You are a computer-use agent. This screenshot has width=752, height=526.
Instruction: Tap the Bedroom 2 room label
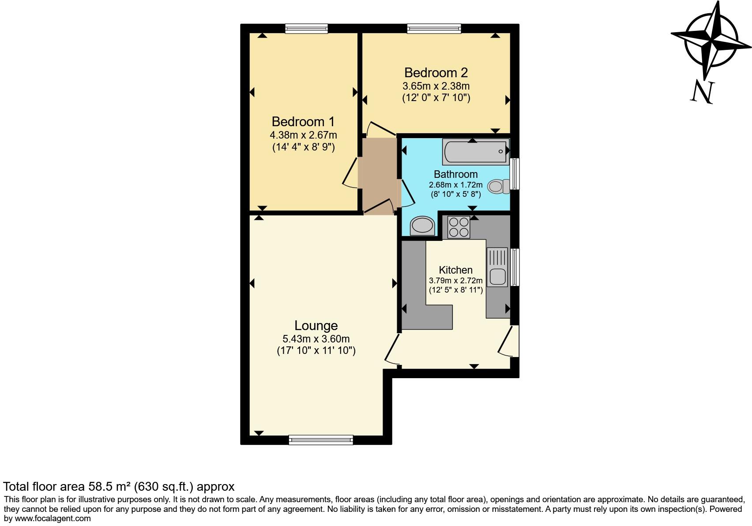pos(436,72)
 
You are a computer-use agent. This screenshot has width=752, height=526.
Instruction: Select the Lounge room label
pos(316,326)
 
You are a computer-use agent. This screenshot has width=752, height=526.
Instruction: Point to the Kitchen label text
pos(455,270)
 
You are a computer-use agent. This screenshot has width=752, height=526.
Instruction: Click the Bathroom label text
pos(455,174)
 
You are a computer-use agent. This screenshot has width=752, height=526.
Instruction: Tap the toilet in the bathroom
pos(498,186)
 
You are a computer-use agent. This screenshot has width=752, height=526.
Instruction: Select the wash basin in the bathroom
pos(422,226)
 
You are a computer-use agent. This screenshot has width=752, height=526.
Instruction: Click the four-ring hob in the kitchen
pos(459,227)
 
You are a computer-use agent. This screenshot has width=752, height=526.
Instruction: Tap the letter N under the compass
pos(702,92)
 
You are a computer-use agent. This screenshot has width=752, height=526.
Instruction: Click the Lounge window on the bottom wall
pos(321,440)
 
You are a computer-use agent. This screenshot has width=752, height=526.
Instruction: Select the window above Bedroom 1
pos(306,29)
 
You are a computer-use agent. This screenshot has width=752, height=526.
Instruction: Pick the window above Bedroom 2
pos(434,29)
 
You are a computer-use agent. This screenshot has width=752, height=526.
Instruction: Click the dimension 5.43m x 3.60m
pos(316,339)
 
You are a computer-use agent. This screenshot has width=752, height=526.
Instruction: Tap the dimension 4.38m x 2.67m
pos(303,135)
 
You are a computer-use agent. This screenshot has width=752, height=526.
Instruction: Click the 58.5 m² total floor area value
pos(109,487)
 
